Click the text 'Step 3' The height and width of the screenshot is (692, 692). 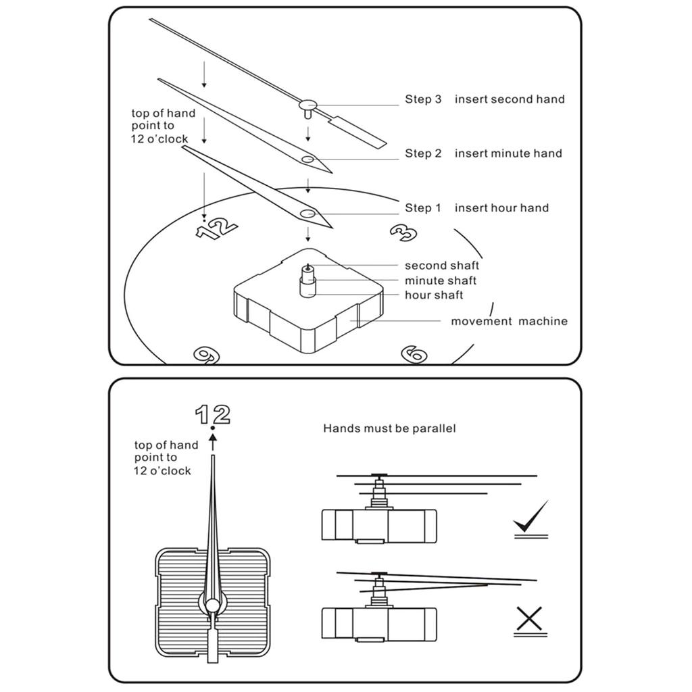(x=423, y=99)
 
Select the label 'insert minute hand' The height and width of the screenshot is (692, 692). (x=508, y=153)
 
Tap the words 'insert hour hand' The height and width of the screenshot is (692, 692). (x=501, y=208)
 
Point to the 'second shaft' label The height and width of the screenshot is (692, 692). (x=442, y=266)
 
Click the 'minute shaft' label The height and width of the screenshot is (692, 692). (x=441, y=280)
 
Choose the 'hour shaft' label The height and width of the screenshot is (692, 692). (x=434, y=295)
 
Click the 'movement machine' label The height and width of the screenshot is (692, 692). (x=509, y=322)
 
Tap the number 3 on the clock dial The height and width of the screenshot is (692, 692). (x=403, y=232)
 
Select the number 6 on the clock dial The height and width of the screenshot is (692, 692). (x=413, y=353)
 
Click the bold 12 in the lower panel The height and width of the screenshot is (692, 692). (x=213, y=414)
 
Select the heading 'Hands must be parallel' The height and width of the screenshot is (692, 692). (x=389, y=428)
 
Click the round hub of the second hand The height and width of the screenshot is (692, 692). (x=308, y=105)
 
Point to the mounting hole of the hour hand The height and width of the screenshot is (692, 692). (x=307, y=214)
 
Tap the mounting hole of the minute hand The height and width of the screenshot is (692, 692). (x=307, y=159)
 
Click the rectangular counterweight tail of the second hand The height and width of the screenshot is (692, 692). (x=357, y=132)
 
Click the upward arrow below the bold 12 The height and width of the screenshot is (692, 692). (x=213, y=441)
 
